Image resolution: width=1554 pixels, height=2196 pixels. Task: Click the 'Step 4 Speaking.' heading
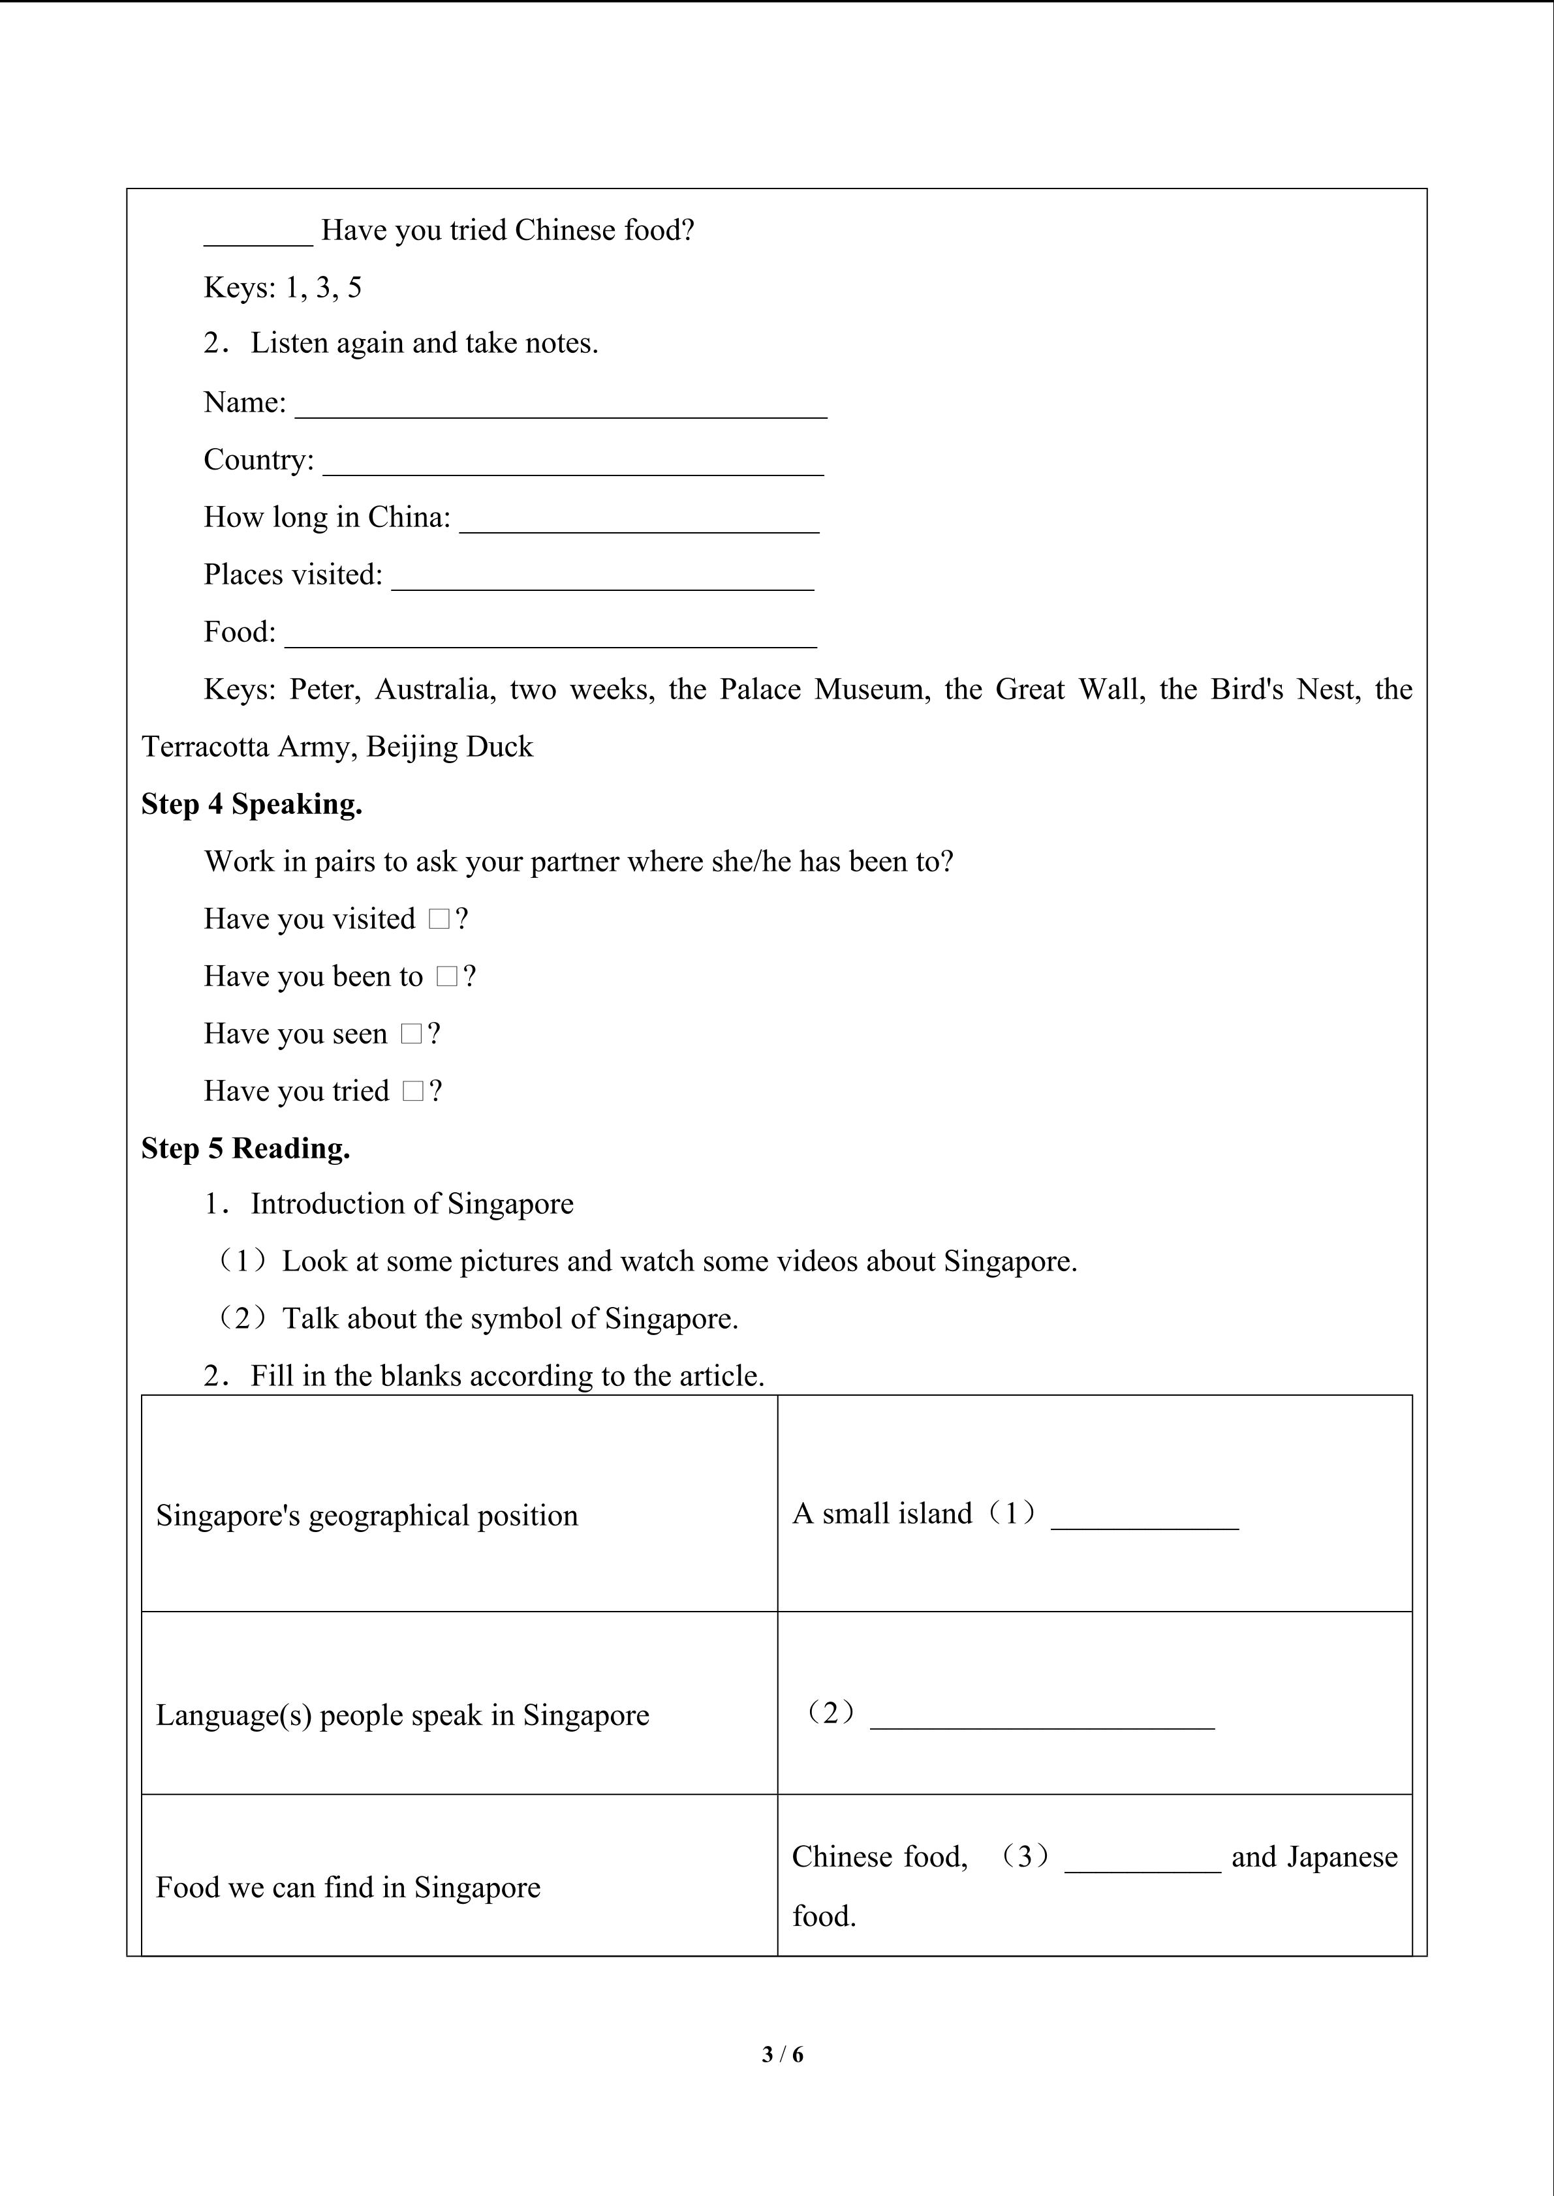coord(252,804)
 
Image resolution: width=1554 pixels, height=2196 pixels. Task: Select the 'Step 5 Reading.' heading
coord(246,1149)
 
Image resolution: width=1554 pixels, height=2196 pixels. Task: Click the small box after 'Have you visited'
coord(439,919)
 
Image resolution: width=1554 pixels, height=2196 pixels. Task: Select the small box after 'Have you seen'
coord(411,1034)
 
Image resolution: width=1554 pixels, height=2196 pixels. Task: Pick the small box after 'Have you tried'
coord(413,1091)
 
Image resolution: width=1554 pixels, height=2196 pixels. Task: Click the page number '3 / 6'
coord(783,2054)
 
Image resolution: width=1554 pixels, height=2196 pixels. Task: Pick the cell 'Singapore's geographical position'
coord(367,1516)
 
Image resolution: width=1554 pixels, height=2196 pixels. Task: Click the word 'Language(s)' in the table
coord(234,1715)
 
